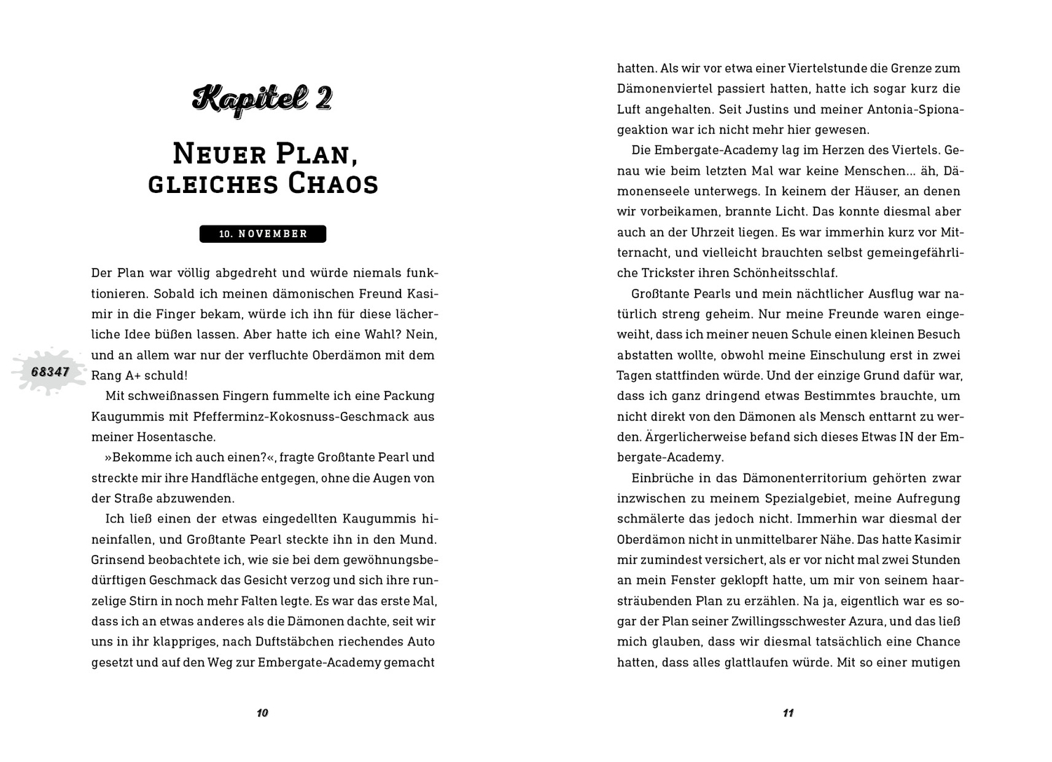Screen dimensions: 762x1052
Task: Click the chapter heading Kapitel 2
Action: pos(262,99)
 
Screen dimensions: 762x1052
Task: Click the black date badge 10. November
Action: pos(263,234)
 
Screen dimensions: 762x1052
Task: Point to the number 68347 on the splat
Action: pos(50,371)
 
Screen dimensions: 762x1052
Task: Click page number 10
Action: pos(262,713)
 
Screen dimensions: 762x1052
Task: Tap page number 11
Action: pos(788,713)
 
